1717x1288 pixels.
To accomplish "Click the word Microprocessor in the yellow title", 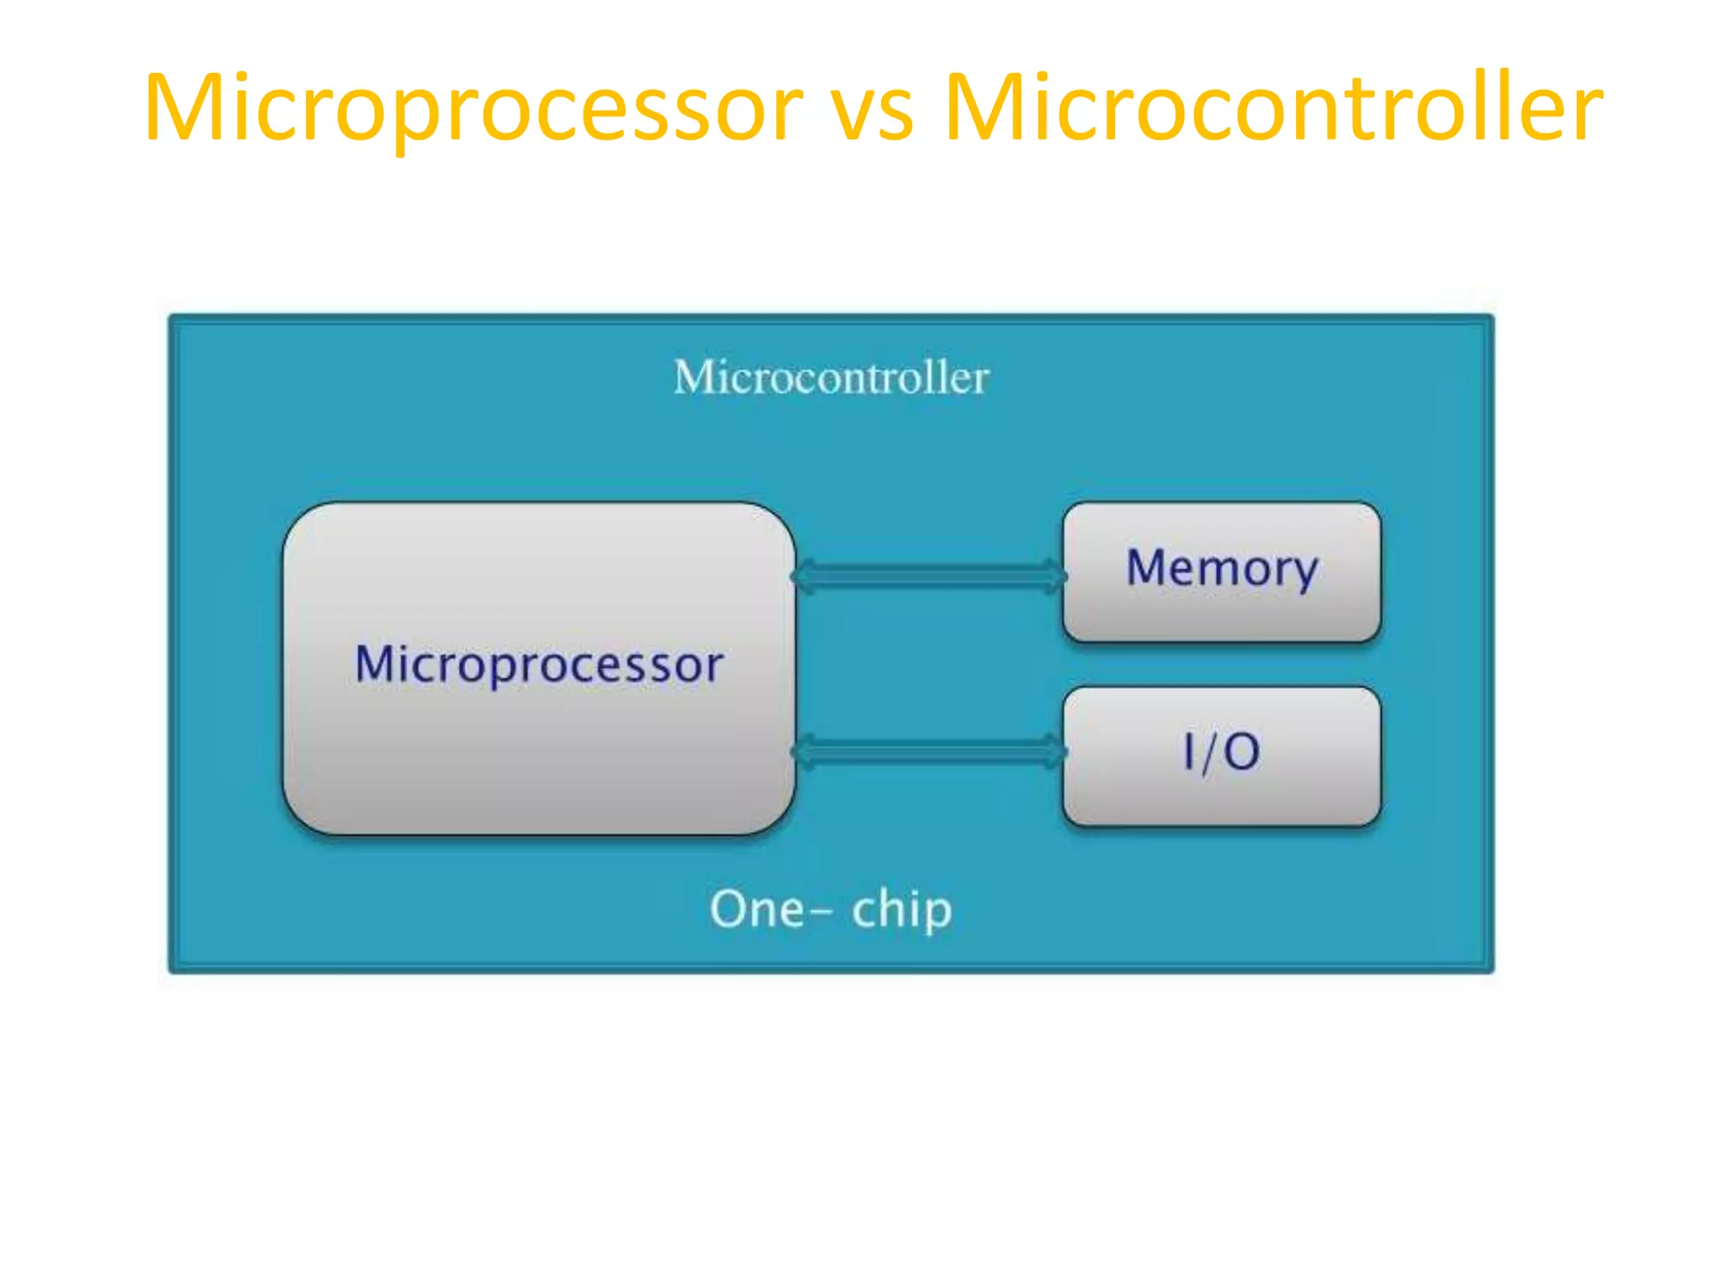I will tap(474, 109).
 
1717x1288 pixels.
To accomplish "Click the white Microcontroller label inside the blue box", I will tap(831, 377).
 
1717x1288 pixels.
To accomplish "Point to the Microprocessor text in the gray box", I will tap(539, 664).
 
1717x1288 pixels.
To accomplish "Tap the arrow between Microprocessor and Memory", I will tap(929, 576).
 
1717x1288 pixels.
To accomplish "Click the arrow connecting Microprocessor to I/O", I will tap(929, 751).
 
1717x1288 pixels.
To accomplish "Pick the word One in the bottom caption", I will tap(756, 909).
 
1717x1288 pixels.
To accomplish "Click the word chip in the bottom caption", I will tap(901, 909).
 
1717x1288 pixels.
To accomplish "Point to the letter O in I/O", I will tap(1242, 751).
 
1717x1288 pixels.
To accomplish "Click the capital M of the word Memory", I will tap(1149, 568).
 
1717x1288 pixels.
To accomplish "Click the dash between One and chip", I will tap(822, 911).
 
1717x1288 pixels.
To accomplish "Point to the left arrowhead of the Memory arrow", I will tap(803, 576).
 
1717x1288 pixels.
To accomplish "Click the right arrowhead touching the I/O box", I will tap(1055, 751).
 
